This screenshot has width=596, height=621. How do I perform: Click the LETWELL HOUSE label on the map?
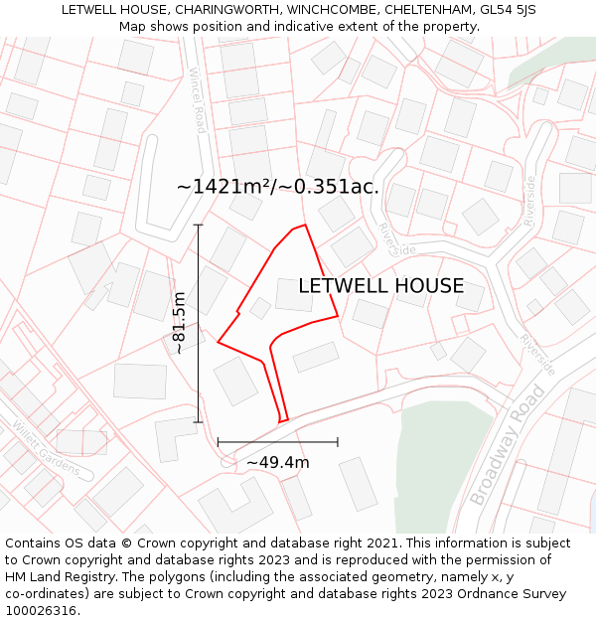[380, 286]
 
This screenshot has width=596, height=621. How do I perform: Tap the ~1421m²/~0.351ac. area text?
[277, 186]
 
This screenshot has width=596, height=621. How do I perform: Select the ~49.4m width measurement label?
[278, 462]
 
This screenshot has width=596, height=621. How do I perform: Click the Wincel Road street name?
[198, 100]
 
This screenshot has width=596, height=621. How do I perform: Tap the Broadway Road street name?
[508, 443]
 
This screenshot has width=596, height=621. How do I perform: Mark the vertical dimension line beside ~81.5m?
[198, 323]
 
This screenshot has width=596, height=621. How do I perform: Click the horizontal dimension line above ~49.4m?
[278, 441]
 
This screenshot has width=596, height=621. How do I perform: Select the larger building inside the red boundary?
[294, 295]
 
